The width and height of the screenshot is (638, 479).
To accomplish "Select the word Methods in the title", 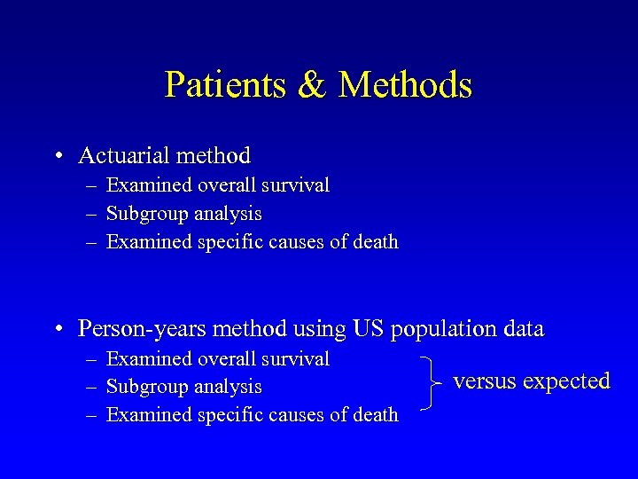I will click(x=405, y=85).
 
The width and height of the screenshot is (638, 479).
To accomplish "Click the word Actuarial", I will click(x=123, y=156).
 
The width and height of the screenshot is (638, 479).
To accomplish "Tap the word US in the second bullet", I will click(x=368, y=329).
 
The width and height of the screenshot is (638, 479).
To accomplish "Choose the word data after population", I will click(x=520, y=329).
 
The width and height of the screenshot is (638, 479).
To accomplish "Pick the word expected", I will click(x=567, y=382).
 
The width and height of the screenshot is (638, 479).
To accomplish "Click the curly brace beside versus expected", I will click(x=429, y=383).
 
